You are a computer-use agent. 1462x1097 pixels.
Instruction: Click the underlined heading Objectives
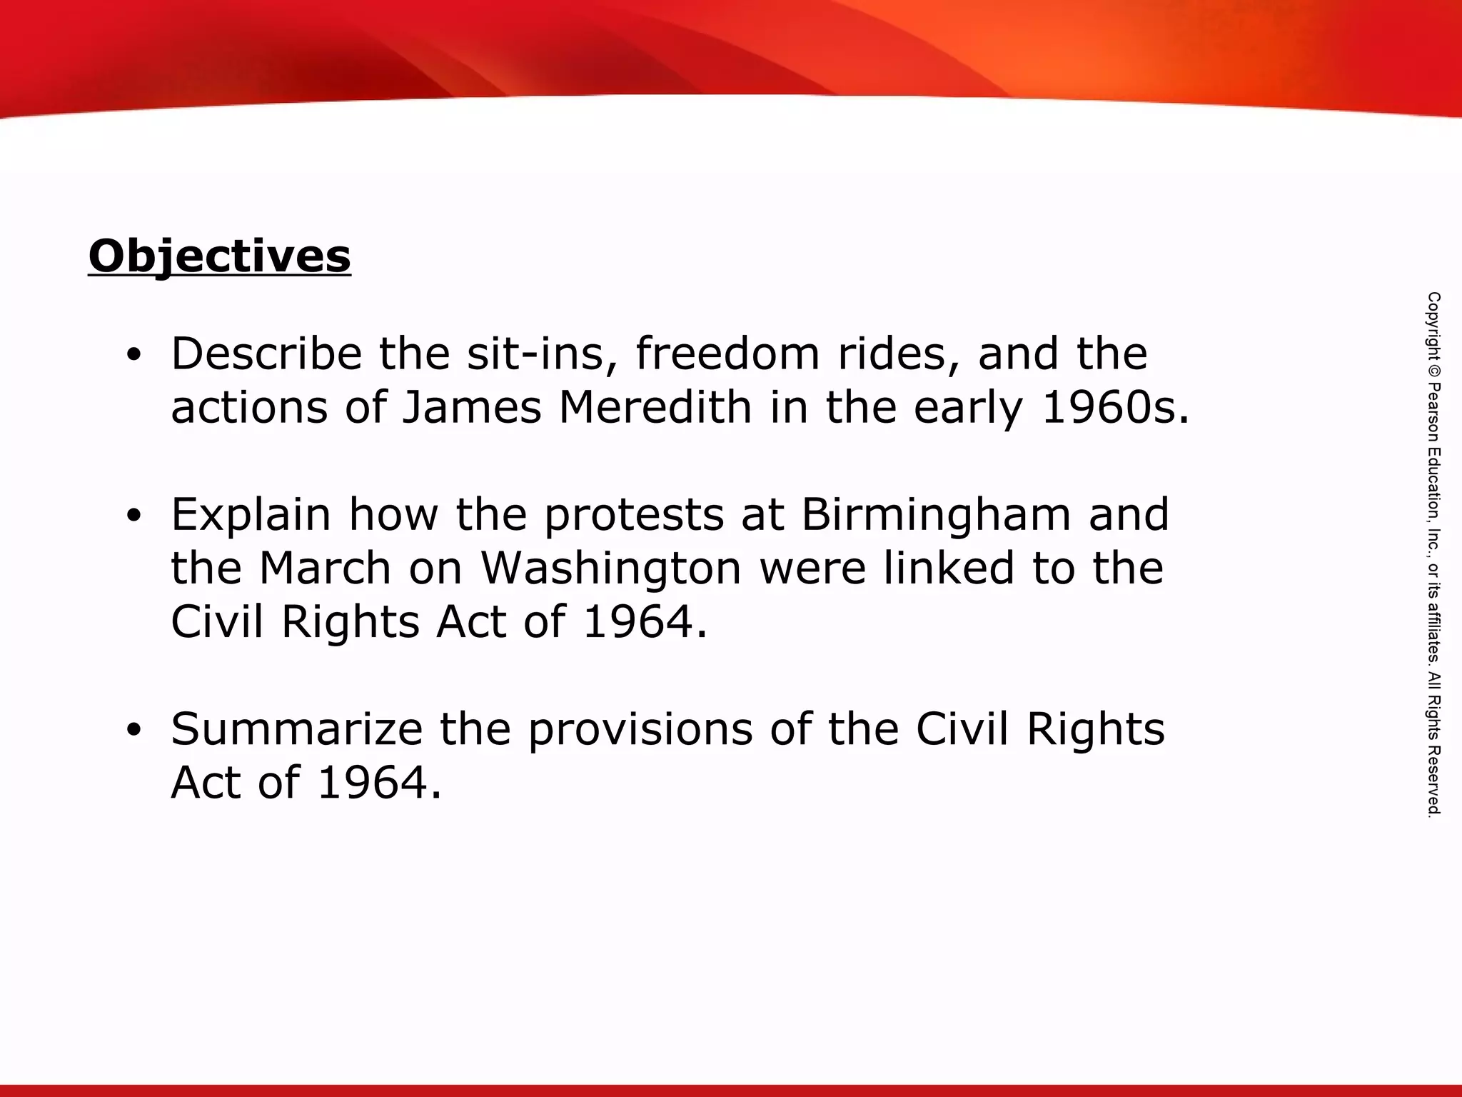(219, 256)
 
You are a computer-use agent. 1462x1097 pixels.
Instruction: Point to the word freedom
(727, 354)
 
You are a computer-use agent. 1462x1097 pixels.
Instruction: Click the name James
(472, 407)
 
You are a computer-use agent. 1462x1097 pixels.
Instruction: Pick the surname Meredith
(655, 407)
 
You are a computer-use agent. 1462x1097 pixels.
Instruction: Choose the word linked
(949, 568)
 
